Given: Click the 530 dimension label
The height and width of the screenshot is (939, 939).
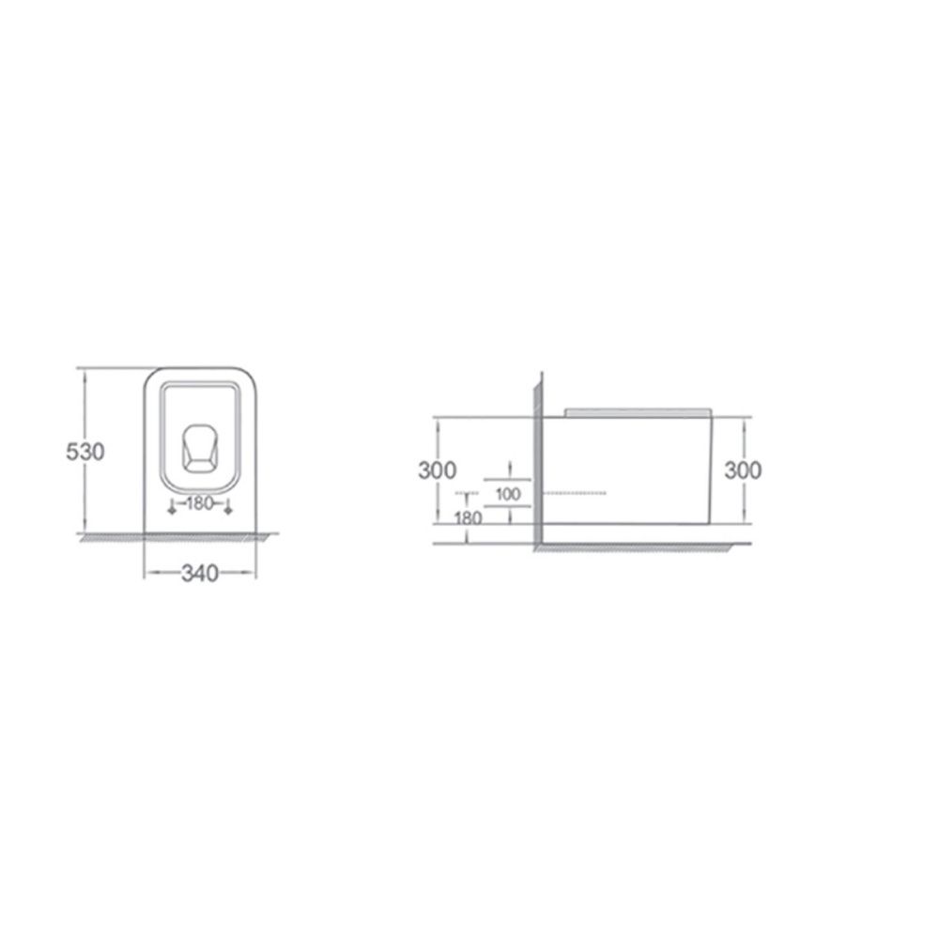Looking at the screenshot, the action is [x=85, y=451].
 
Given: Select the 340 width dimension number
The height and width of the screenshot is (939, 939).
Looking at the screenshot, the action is [x=200, y=573].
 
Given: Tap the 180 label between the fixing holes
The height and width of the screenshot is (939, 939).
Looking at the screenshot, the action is [x=199, y=503].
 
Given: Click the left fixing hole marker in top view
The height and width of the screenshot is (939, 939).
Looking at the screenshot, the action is [x=172, y=509].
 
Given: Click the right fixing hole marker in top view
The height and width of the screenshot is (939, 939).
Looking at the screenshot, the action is [x=227, y=509].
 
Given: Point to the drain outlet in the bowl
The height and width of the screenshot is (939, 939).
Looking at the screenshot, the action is [x=199, y=449].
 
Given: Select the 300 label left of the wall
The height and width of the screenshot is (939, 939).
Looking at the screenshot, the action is [x=438, y=470].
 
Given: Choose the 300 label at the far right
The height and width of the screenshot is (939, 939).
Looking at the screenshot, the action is [x=743, y=470].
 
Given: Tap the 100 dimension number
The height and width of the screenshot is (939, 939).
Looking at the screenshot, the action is [x=508, y=494].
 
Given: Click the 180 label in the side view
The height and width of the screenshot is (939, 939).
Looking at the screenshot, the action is [x=469, y=517].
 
